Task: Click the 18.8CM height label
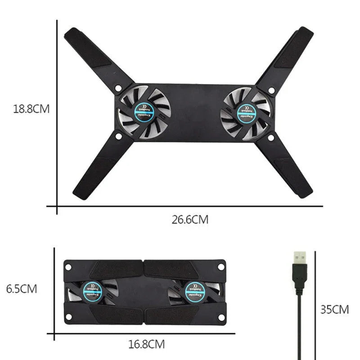31,109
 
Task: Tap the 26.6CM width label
190,220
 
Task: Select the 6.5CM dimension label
22,288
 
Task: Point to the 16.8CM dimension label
146,345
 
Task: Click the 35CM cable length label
334,310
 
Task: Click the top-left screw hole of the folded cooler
69,266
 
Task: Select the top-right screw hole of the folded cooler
220,266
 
